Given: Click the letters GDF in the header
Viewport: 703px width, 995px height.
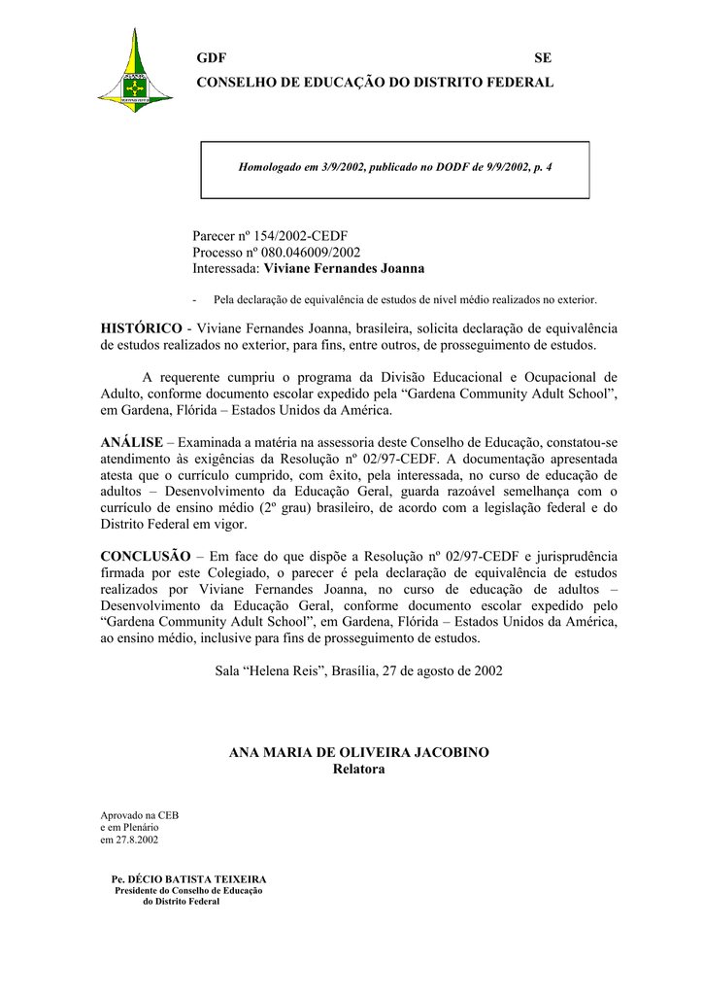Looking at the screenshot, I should [x=211, y=58].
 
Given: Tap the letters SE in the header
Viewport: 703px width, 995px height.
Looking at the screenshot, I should [x=543, y=58].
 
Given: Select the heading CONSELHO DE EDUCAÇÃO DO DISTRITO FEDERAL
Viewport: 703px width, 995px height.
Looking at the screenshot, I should [x=375, y=84].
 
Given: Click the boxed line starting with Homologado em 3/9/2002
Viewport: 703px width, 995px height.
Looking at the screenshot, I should [x=395, y=168].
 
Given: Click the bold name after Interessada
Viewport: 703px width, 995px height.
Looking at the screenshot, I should [x=344, y=268].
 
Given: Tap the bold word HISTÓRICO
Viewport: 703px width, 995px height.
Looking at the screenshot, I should [x=141, y=328].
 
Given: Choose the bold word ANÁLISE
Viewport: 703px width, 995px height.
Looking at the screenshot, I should [x=131, y=442].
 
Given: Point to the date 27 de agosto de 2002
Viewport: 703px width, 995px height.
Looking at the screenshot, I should [x=442, y=671].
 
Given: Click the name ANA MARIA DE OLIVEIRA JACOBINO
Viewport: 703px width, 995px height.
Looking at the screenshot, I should [x=358, y=753].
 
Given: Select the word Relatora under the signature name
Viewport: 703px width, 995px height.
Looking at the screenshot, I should [x=358, y=770].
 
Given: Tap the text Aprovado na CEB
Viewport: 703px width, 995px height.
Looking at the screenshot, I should [x=140, y=815].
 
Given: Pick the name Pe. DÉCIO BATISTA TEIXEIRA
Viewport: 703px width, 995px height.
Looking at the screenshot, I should [x=189, y=879].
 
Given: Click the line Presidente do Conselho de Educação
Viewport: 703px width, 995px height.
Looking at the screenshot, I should [x=189, y=890].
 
